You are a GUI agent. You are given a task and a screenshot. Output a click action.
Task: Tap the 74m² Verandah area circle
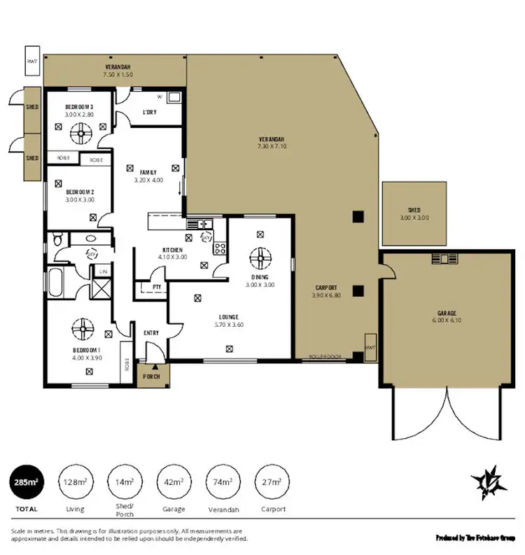click(223, 482)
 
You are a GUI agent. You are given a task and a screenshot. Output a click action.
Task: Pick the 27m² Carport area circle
click(272, 482)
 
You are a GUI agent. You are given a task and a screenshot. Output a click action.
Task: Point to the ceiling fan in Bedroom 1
click(82, 325)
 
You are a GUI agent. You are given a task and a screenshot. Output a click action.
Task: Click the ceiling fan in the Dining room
click(260, 258)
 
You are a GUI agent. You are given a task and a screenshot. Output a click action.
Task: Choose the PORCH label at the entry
click(152, 377)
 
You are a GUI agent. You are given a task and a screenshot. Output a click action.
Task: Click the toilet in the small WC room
click(57, 240)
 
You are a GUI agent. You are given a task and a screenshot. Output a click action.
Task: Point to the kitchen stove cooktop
click(218, 247)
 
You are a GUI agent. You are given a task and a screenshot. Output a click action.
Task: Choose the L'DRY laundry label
click(149, 112)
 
